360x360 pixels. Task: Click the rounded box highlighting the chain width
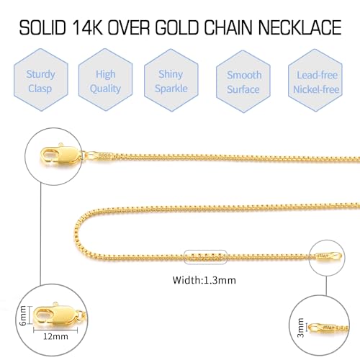tap(204, 258)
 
